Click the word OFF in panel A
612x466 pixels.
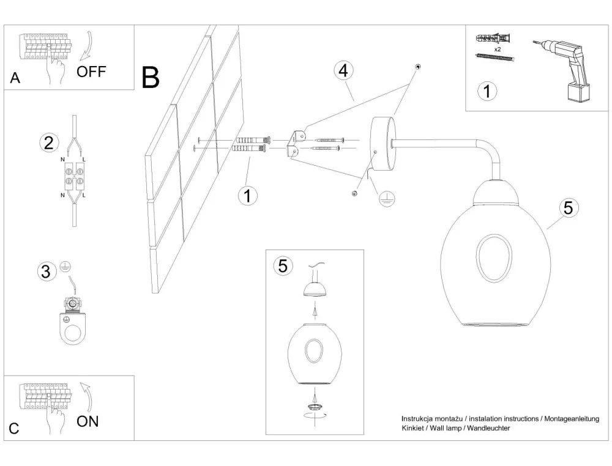point(91,72)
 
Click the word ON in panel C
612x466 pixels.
point(88,421)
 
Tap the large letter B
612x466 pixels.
point(151,78)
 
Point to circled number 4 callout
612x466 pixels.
point(343,70)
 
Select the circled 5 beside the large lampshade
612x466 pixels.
point(568,208)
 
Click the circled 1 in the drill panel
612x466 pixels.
point(487,92)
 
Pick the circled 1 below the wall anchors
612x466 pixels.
point(247,196)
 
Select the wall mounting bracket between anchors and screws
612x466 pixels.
point(297,144)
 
